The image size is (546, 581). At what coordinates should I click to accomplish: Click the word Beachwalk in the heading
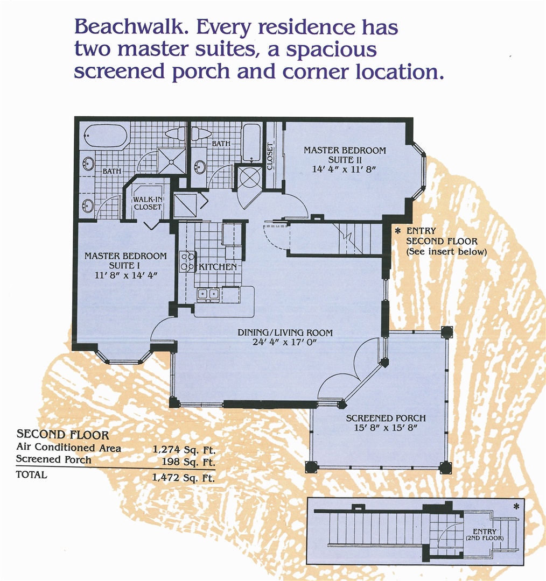129,27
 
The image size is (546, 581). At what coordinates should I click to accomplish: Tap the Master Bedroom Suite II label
345,155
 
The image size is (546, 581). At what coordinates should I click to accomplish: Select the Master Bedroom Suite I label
125,260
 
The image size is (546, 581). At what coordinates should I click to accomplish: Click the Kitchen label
218,267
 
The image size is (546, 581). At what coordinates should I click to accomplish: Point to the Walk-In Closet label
148,203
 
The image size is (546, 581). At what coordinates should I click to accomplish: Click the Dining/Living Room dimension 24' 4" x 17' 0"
284,342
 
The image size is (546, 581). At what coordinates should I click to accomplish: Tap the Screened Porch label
386,418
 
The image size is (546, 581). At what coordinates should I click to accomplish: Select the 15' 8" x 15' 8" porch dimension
386,428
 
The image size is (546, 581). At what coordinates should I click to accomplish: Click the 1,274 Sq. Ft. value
184,450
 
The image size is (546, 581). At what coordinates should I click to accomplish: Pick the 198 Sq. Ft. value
188,462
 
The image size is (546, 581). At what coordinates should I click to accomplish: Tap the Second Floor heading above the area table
62,434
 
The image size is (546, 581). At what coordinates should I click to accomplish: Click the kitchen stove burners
187,261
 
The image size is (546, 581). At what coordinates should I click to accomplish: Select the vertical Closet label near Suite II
270,156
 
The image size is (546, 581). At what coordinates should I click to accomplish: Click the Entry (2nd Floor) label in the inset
485,535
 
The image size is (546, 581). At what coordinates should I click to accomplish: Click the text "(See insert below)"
446,252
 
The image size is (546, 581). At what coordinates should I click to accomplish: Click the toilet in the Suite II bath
201,133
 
